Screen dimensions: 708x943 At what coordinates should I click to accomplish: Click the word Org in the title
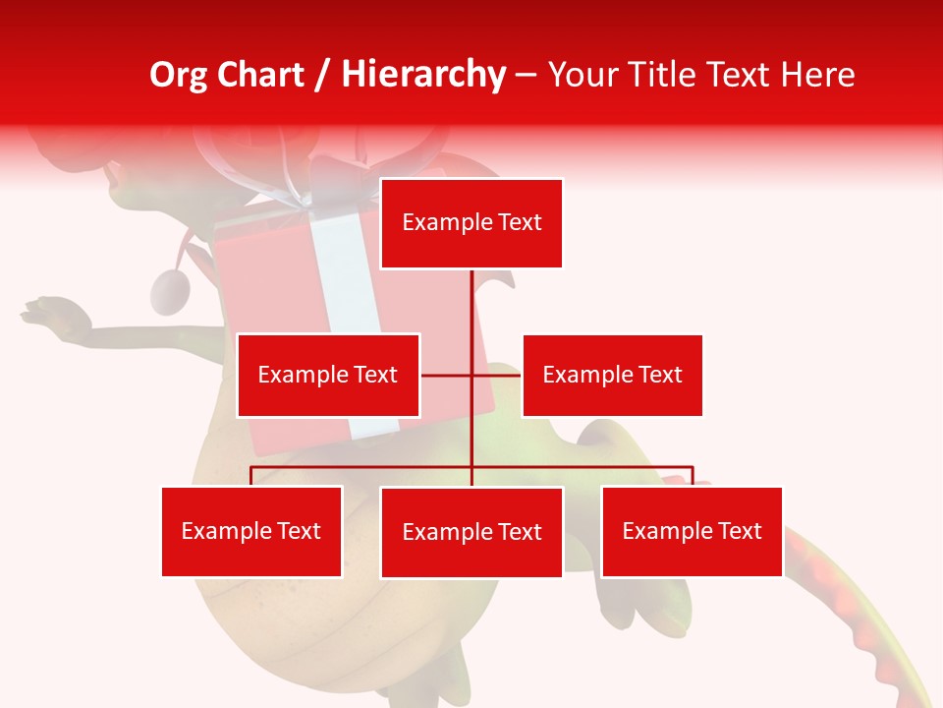tap(179, 75)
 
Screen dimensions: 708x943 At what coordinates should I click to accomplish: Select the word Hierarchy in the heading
tap(422, 75)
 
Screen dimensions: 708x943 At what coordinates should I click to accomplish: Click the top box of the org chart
tap(471, 223)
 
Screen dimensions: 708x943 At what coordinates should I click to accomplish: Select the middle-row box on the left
tap(328, 375)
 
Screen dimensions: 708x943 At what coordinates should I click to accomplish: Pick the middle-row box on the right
tap(612, 375)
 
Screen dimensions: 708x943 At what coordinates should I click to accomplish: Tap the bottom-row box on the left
tap(251, 531)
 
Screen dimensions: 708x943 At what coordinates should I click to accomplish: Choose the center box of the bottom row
tap(471, 532)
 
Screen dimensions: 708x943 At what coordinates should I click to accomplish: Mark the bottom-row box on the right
tap(692, 531)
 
